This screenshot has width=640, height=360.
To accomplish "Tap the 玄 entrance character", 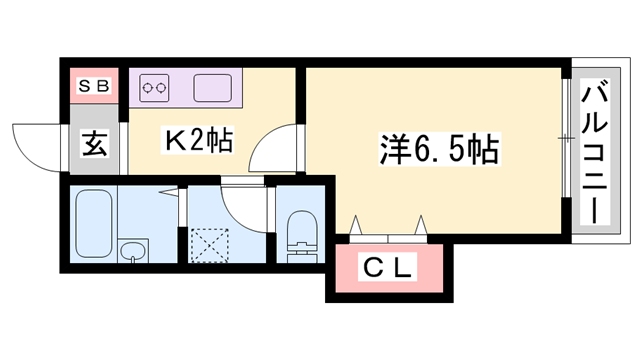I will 93,144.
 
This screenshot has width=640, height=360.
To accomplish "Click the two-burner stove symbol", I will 156,87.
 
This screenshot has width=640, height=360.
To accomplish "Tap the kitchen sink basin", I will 213,87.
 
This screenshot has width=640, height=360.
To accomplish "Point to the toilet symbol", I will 299,238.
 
